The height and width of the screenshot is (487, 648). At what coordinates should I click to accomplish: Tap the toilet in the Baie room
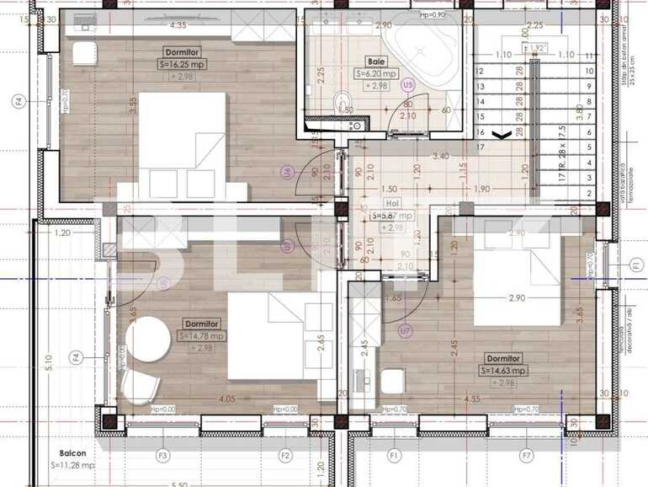[x=343, y=103]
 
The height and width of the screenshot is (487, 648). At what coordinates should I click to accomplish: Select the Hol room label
[x=390, y=202]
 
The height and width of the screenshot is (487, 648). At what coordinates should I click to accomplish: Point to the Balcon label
[x=64, y=452]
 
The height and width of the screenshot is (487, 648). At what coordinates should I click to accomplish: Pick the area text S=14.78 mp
[x=201, y=335]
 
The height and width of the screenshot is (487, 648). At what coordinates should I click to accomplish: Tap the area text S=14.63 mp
[x=504, y=370]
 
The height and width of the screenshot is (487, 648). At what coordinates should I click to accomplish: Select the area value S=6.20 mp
[x=376, y=73]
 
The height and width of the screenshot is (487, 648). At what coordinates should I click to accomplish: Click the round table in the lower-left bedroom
[x=148, y=339]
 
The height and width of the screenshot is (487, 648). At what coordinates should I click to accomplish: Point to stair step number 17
[x=481, y=147]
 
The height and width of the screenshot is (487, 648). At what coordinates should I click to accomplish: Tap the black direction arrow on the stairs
[x=502, y=134]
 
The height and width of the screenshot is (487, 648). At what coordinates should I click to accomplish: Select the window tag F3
[x=163, y=456]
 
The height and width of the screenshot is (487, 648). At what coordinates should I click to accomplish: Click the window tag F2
[x=285, y=456]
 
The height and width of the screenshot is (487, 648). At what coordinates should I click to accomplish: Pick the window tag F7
[x=526, y=456]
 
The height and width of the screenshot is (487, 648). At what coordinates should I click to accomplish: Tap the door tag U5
[x=408, y=84]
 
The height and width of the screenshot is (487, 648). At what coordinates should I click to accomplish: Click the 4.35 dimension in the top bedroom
[x=178, y=26]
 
